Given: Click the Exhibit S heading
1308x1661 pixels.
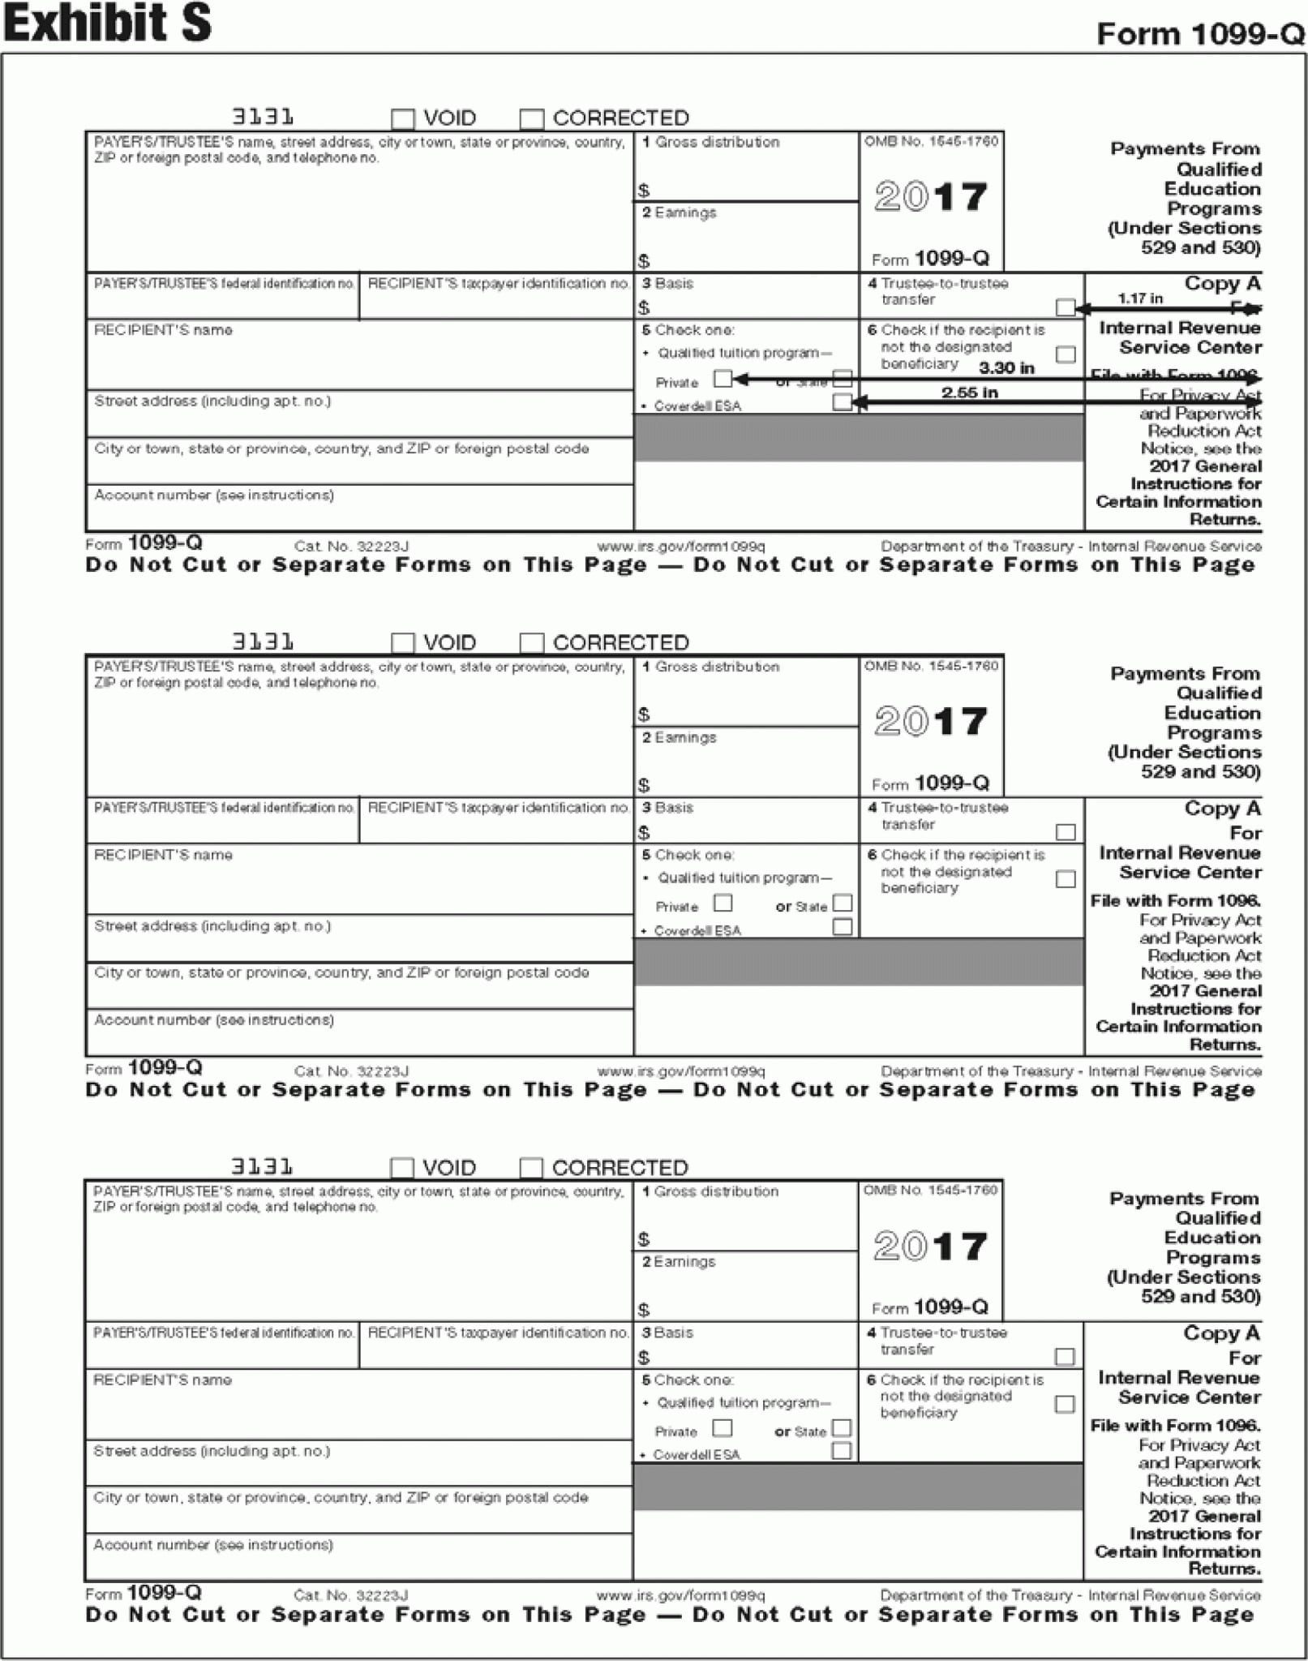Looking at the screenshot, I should [x=107, y=23].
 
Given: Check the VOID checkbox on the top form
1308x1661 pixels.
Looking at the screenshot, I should [x=403, y=119].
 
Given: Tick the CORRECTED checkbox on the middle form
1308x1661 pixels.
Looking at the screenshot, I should [x=531, y=643].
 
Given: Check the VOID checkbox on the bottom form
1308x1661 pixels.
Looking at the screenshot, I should [x=402, y=1168].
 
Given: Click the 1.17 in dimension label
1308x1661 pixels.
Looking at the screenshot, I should [x=1139, y=298].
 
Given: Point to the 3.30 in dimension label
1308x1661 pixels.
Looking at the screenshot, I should [x=1006, y=368].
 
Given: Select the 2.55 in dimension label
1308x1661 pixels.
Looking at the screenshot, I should [x=969, y=393].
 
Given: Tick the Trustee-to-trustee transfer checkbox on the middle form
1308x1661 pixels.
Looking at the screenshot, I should [x=1066, y=832].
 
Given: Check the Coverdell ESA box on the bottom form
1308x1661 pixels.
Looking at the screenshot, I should [x=842, y=1451].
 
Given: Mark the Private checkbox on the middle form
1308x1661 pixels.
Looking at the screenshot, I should [x=723, y=903].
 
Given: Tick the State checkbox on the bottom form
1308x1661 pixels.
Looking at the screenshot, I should [x=842, y=1427].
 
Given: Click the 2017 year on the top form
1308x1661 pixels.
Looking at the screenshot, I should [x=931, y=197].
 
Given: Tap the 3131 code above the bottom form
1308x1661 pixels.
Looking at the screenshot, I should [x=262, y=1167].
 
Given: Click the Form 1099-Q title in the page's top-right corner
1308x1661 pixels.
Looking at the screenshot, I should [x=1199, y=34].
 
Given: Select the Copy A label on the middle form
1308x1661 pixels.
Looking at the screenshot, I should [x=1222, y=809].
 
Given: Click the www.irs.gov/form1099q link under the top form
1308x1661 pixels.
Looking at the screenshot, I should [x=680, y=547].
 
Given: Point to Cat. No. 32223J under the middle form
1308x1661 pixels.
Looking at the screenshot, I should [x=351, y=1071].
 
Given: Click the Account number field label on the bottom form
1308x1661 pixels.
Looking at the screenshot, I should [x=213, y=1545].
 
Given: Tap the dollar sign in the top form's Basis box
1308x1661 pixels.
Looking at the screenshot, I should [x=644, y=308].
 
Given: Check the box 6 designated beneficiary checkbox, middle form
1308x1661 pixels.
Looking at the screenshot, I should [x=1066, y=879].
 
